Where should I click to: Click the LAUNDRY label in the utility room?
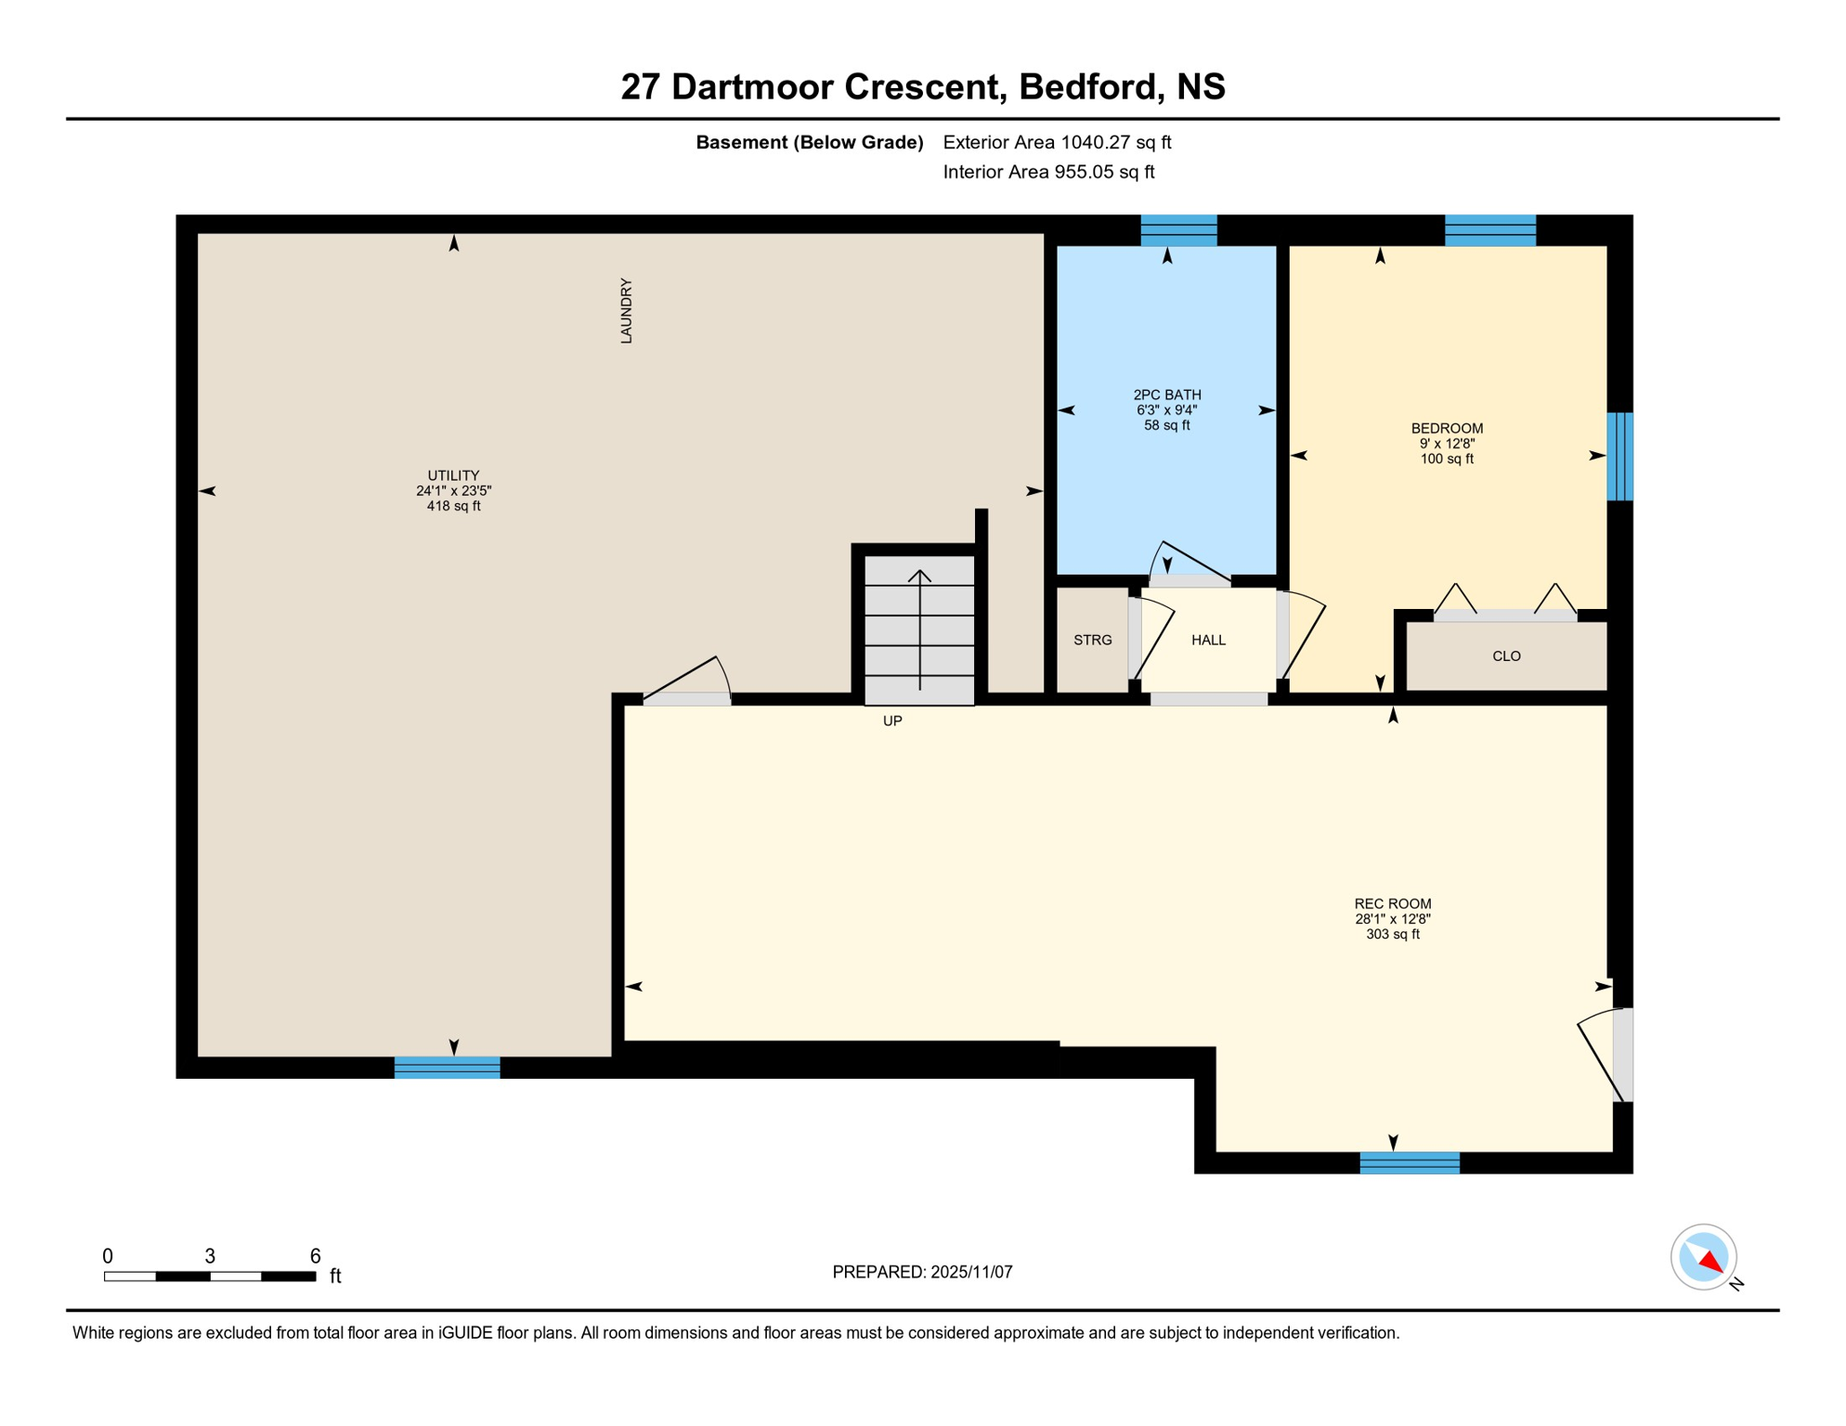(626, 311)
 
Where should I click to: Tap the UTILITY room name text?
(453, 475)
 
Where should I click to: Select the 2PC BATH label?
(1167, 395)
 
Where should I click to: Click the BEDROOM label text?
(1447, 428)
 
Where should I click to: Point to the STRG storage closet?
(1092, 640)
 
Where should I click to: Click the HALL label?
(1208, 640)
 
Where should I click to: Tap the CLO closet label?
(1506, 656)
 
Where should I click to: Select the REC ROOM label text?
(1392, 903)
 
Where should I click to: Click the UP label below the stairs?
(892, 720)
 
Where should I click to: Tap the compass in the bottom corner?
(1704, 1257)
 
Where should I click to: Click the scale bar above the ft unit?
(210, 1277)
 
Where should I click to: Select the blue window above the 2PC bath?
(1178, 229)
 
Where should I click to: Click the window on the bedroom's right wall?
(1619, 456)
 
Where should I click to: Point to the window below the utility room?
(447, 1067)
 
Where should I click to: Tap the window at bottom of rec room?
(1409, 1162)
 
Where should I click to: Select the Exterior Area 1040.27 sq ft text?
(1057, 142)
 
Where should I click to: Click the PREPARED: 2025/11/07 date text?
(922, 1272)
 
